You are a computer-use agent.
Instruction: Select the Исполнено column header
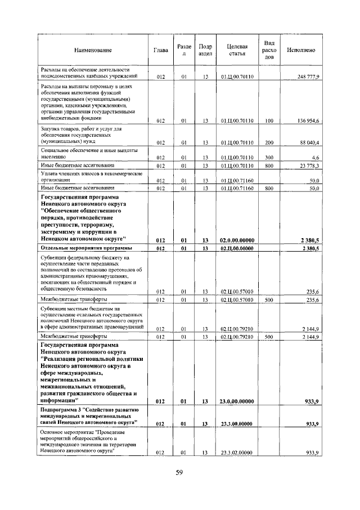[x=300, y=50]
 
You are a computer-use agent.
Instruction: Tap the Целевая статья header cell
[x=237, y=50]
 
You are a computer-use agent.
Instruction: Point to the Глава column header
[x=160, y=50]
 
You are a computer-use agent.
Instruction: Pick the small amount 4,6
[x=315, y=157]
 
